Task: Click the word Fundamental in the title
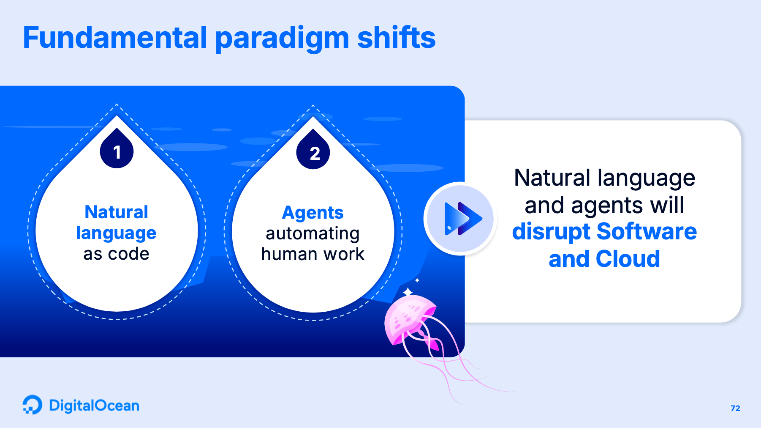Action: pos(115,37)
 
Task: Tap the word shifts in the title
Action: pos(396,37)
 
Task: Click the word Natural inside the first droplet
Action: pos(116,212)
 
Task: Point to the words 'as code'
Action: pos(116,254)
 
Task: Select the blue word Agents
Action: pos(313,213)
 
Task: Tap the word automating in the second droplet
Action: pos(313,233)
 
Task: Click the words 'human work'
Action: pos(313,254)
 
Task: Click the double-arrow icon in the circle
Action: pos(463,219)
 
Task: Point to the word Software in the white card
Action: pos(647,231)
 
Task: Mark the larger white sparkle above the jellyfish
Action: pos(408,292)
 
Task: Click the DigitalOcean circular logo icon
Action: pos(33,405)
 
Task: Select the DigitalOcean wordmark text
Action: pos(94,406)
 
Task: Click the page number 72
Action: pos(735,408)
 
